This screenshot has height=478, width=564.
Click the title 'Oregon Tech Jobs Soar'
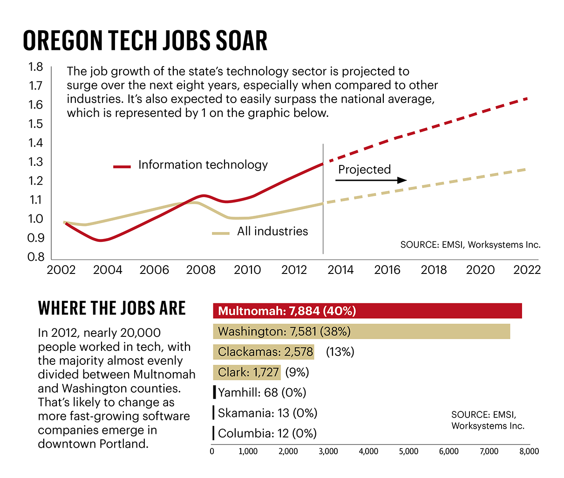point(145,41)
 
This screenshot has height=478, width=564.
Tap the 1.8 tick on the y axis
point(36,67)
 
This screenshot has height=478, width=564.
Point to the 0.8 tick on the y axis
point(36,257)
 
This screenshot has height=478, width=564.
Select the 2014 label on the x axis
point(340,270)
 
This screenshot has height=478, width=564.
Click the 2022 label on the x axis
point(527,270)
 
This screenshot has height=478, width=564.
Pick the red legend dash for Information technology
point(122,166)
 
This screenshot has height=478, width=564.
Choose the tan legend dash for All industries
point(221,233)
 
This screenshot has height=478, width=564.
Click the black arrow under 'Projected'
point(371,180)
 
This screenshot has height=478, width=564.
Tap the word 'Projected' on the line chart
point(364,170)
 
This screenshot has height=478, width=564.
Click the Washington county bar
point(361,331)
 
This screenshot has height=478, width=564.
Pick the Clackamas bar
point(264,352)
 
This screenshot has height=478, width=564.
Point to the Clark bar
point(247,372)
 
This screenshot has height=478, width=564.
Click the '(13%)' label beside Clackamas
point(340,352)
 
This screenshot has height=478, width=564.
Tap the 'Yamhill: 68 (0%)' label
point(262,393)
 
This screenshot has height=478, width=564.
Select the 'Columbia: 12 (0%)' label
point(267,434)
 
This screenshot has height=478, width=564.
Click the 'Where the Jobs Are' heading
point(112,308)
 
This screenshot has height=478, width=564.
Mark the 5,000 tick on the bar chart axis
point(408,451)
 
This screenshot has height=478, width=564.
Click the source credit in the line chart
point(470,245)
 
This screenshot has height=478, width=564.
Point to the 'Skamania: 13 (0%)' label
point(267,413)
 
